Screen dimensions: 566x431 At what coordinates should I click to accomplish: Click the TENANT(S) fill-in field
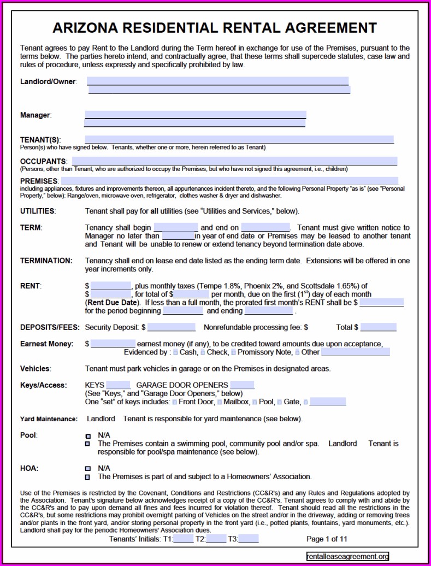[x=239, y=140]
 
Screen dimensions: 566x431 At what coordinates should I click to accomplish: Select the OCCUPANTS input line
[x=234, y=161]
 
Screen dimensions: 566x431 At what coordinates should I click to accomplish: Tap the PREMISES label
[x=39, y=181]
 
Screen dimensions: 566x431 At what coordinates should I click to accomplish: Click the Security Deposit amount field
[x=171, y=327]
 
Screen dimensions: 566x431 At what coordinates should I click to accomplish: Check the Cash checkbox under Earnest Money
[x=175, y=353]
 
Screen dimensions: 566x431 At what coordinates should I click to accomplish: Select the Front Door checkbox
[x=175, y=403]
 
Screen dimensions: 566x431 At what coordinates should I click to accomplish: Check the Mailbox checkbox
[x=220, y=403]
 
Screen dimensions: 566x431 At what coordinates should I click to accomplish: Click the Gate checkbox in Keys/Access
[x=280, y=403]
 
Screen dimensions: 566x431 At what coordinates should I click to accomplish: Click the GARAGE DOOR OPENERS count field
[x=242, y=385]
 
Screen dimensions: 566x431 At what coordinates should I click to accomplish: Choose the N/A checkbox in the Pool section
[x=88, y=436]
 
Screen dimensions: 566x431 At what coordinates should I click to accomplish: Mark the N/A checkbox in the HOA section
[x=88, y=469]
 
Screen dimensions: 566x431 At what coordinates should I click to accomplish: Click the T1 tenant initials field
[x=184, y=539]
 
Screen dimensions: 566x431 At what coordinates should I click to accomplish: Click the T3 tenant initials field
[x=249, y=539]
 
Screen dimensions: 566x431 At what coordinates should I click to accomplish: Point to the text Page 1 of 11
[x=327, y=539]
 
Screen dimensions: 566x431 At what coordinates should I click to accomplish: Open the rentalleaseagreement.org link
[x=347, y=557]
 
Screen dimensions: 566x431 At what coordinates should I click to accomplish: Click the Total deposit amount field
[x=378, y=327]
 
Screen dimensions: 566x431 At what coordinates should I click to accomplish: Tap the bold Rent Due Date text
[x=111, y=302]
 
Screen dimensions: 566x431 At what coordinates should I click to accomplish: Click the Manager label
[x=36, y=115]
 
